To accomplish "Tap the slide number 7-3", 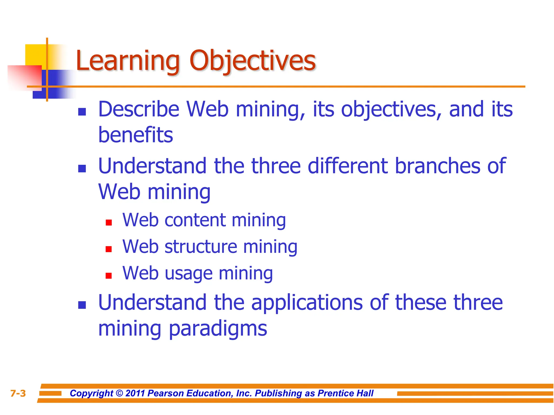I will [x=18, y=393].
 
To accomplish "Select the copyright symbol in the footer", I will [x=119, y=393].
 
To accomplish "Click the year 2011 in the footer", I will [x=135, y=393].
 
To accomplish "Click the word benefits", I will [x=136, y=135].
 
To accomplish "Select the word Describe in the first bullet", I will [x=139, y=109].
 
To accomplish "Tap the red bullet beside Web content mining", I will [x=109, y=223].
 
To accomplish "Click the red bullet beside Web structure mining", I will [x=109, y=249].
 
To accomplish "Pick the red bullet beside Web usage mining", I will [x=109, y=276].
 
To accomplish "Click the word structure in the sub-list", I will [x=201, y=247].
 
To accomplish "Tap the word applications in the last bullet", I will [x=307, y=303].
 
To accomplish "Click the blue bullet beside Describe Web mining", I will [x=82, y=112].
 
